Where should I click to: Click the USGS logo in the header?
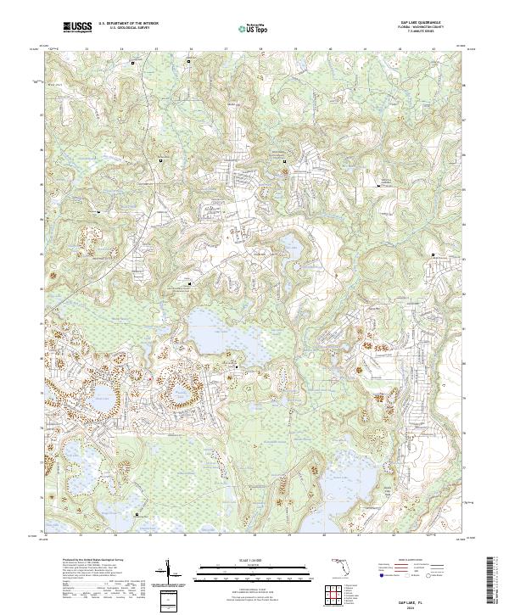coord(78,28)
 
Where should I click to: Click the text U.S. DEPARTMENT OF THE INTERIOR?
coord(128,25)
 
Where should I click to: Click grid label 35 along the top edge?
coord(156,49)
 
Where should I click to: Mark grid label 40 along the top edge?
coord(329,49)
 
